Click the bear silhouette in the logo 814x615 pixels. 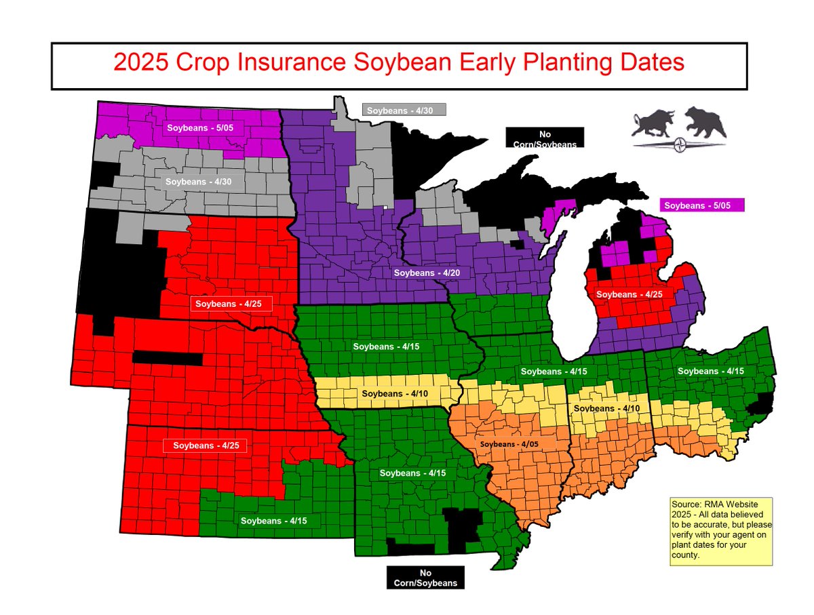705,122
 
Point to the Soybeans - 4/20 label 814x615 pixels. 427,273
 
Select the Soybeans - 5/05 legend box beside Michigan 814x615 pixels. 702,205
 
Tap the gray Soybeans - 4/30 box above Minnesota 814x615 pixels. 404,111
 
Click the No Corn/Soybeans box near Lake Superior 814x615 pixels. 545,138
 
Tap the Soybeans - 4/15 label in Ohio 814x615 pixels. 710,371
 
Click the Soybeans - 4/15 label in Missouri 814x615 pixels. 412,473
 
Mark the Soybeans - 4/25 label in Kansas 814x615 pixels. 206,445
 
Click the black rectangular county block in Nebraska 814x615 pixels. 167,357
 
